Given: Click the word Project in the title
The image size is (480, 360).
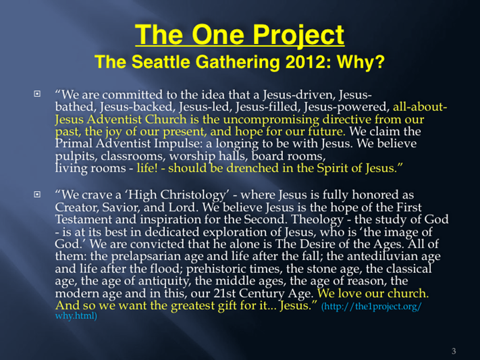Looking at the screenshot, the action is (298, 36).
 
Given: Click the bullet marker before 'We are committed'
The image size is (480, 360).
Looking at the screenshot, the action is (37, 93).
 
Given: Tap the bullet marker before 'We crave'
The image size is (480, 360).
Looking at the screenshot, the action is (37, 194).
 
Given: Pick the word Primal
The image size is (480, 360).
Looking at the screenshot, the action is (73, 143).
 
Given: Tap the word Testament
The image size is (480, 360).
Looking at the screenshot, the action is (84, 220).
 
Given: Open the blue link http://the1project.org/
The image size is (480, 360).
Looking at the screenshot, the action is (371, 307).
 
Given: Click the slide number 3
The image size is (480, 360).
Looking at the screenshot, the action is (454, 351).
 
